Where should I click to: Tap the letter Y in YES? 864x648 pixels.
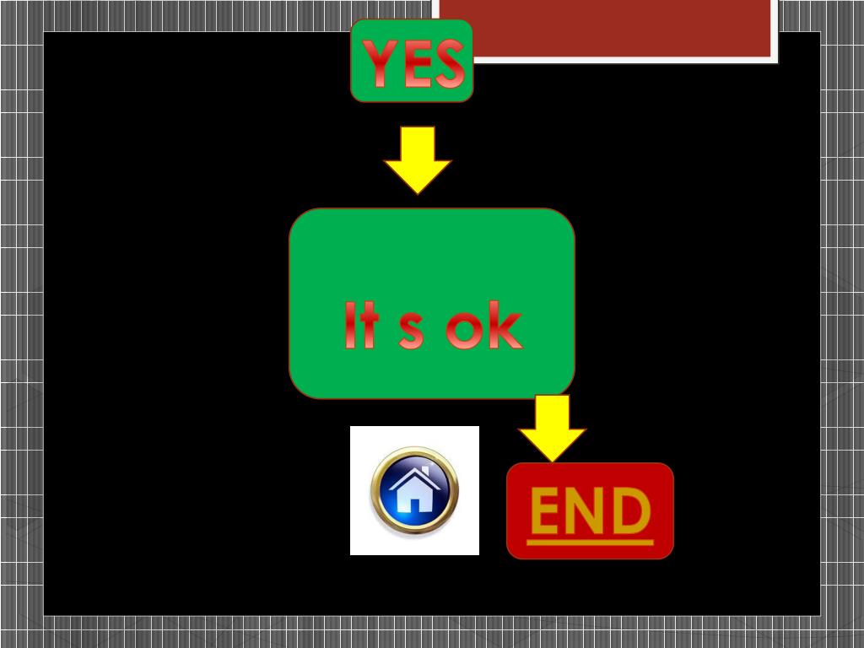378,64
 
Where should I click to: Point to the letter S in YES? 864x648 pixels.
448,65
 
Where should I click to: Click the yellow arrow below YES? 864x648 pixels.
418,159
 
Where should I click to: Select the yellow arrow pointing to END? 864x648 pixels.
552,428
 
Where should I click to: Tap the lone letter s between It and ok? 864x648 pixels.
411,332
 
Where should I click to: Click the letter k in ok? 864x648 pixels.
505,327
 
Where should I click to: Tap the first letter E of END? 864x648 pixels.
548,511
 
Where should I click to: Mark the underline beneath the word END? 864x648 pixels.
590,542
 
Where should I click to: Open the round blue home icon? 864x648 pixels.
414,490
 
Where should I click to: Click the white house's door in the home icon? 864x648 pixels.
414,504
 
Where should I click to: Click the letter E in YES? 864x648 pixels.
413,65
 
